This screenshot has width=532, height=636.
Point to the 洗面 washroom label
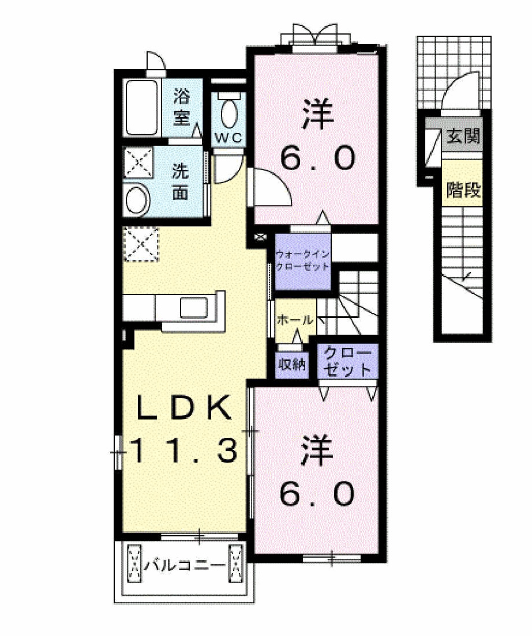pos(181,181)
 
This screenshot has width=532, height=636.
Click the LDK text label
pos(184,408)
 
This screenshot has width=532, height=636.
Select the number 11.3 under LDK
pos(185,451)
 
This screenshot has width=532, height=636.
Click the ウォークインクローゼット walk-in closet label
pos(302,260)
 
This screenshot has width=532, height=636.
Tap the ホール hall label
pos(295,320)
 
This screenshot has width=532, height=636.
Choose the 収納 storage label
pos(293,365)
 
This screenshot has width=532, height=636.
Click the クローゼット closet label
pos(347,361)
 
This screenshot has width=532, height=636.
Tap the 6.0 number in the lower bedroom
pos(317,494)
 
